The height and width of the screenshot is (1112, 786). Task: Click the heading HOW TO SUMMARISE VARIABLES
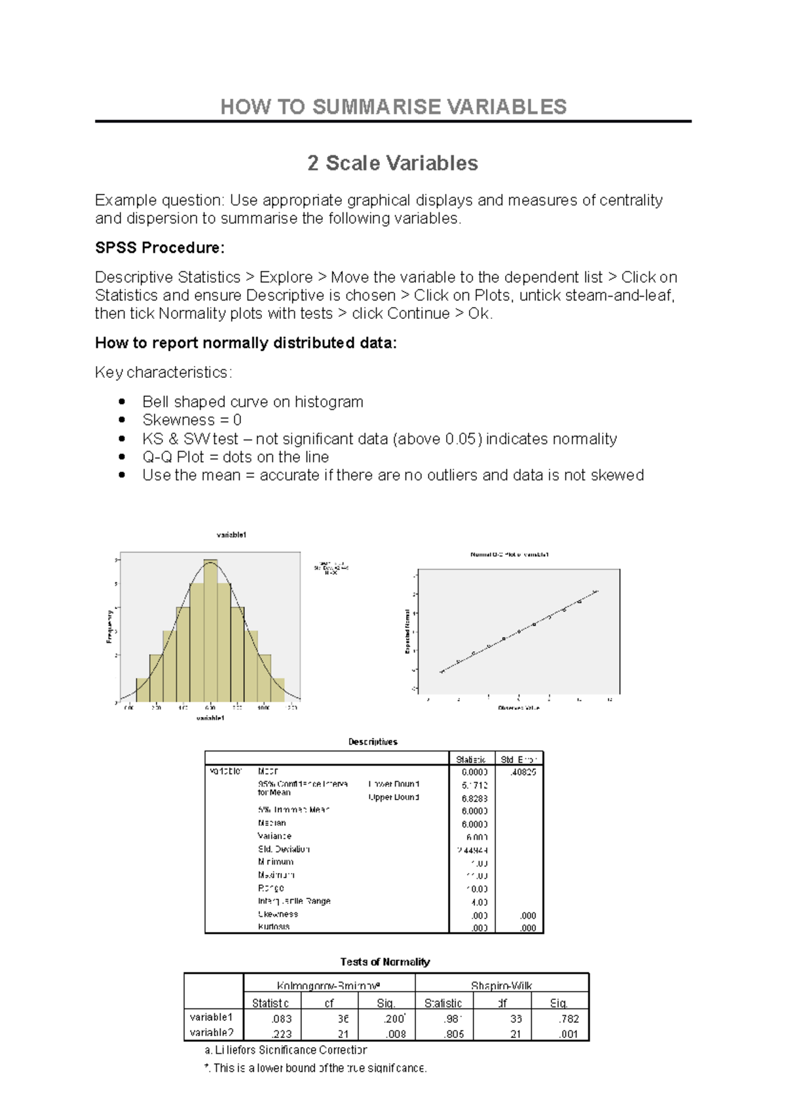coord(393,107)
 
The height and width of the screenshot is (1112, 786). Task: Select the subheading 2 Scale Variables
coord(392,163)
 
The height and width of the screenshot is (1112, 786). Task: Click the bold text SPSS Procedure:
coord(160,248)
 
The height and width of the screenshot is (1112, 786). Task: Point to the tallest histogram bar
coord(210,629)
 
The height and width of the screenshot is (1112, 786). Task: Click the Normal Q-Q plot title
coord(509,555)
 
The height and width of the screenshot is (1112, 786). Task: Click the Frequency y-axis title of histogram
coord(109,626)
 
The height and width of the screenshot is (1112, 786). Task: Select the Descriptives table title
coord(373,742)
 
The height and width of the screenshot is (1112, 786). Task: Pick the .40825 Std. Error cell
coord(522,772)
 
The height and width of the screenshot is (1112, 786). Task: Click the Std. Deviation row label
coord(284,849)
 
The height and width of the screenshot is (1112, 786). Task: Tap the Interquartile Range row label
coord(294,901)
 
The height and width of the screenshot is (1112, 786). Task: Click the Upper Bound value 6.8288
coord(474,798)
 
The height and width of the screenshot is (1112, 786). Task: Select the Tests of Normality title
coord(385,962)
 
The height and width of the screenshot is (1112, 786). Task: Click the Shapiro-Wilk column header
coord(501,986)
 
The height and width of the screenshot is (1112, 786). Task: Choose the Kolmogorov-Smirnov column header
coord(329,986)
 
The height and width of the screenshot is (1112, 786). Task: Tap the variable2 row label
coord(212,1033)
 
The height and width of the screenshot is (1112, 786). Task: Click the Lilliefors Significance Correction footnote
coord(286,1050)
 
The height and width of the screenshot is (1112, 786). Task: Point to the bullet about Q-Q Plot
coord(235,456)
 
